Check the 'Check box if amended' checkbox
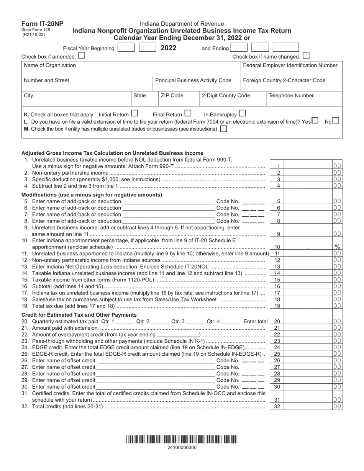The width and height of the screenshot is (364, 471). pyautogui.click(x=82, y=56)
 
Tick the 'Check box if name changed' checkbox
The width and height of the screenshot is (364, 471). pyautogui.click(x=306, y=56)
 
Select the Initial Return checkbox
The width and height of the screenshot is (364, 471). pyautogui.click(x=134, y=113)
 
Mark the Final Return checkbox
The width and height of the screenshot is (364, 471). pyautogui.click(x=187, y=113)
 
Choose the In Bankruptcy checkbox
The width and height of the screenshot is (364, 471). pyautogui.click(x=242, y=113)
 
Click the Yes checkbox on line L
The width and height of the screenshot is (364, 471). pyautogui.click(x=315, y=121)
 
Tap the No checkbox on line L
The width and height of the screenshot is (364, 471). pyautogui.click(x=335, y=121)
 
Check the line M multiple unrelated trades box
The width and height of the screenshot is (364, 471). pyautogui.click(x=224, y=129)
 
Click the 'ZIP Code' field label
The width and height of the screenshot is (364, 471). pyautogui.click(x=172, y=96)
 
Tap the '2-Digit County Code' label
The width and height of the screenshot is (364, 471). pyautogui.click(x=226, y=96)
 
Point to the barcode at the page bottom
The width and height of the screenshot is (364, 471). pyautogui.click(x=182, y=440)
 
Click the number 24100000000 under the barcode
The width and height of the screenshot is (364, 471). pyautogui.click(x=182, y=447)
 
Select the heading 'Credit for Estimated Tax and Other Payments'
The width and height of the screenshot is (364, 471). pyautogui.click(x=74, y=315)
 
